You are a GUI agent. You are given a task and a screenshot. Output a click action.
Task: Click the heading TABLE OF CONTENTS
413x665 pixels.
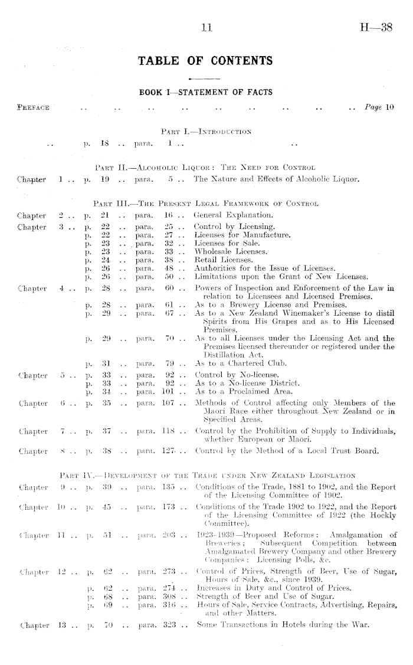[205, 60]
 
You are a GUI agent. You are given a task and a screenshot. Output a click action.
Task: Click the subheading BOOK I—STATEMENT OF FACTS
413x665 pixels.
[205, 93]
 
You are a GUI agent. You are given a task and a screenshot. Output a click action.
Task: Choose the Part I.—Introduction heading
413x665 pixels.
[205, 130]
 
